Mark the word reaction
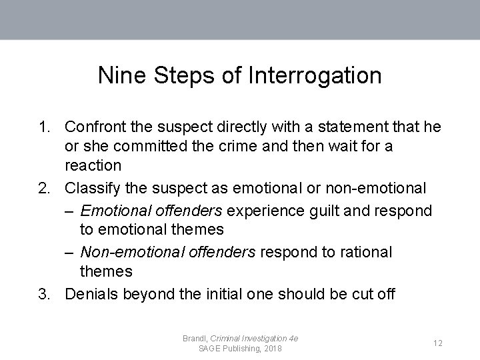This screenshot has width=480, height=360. pyautogui.click(x=93, y=165)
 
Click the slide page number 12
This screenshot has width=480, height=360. pyautogui.click(x=438, y=343)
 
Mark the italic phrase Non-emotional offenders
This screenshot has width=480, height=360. pyautogui.click(x=167, y=252)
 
